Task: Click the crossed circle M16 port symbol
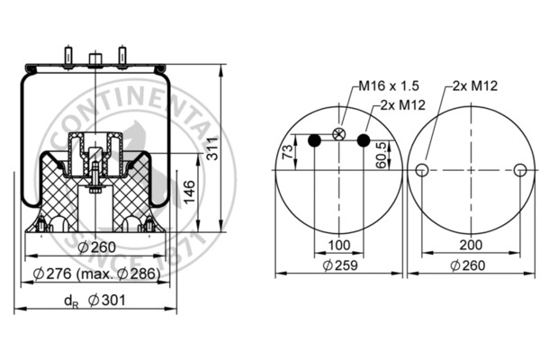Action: tap(338, 134)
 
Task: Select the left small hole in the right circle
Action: tap(421, 171)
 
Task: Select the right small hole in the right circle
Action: tap(519, 171)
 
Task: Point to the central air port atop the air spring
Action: tap(94, 60)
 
